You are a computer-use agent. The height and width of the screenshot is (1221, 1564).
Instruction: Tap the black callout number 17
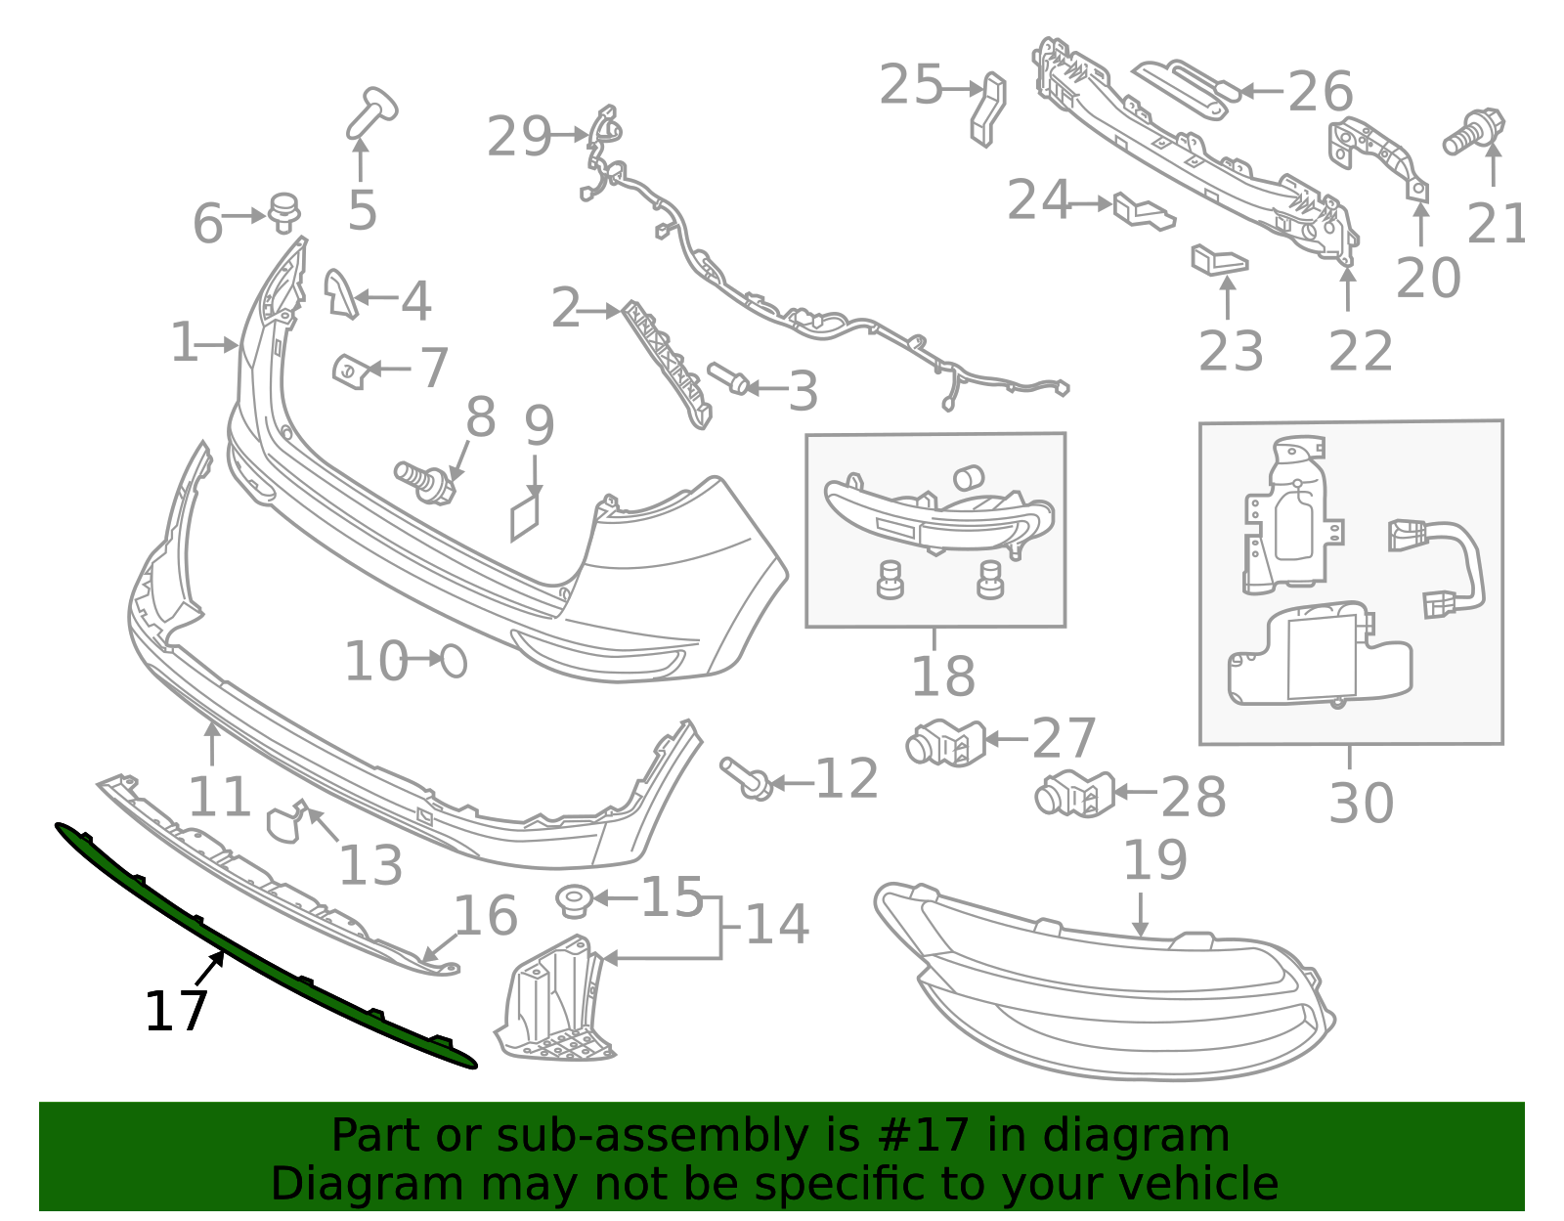pos(176,1012)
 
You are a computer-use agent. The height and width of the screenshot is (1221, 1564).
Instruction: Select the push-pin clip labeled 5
pos(370,113)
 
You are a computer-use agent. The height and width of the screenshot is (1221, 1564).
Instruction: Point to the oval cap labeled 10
pos(455,662)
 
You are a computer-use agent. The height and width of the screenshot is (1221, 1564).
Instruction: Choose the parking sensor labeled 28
pos(1073,794)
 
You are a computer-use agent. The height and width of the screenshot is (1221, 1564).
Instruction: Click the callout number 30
pos(1361,804)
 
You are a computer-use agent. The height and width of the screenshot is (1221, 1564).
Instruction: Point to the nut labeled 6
pos(283,212)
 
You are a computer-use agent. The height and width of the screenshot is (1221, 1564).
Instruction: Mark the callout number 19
pos(1154,860)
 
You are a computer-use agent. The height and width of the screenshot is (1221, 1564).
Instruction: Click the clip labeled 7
pos(348,371)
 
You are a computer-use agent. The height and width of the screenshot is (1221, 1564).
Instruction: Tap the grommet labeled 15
pos(571,900)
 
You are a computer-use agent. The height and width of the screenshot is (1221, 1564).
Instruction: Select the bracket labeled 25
pos(988,108)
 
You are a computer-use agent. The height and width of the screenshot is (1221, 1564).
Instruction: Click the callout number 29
pos(519,136)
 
